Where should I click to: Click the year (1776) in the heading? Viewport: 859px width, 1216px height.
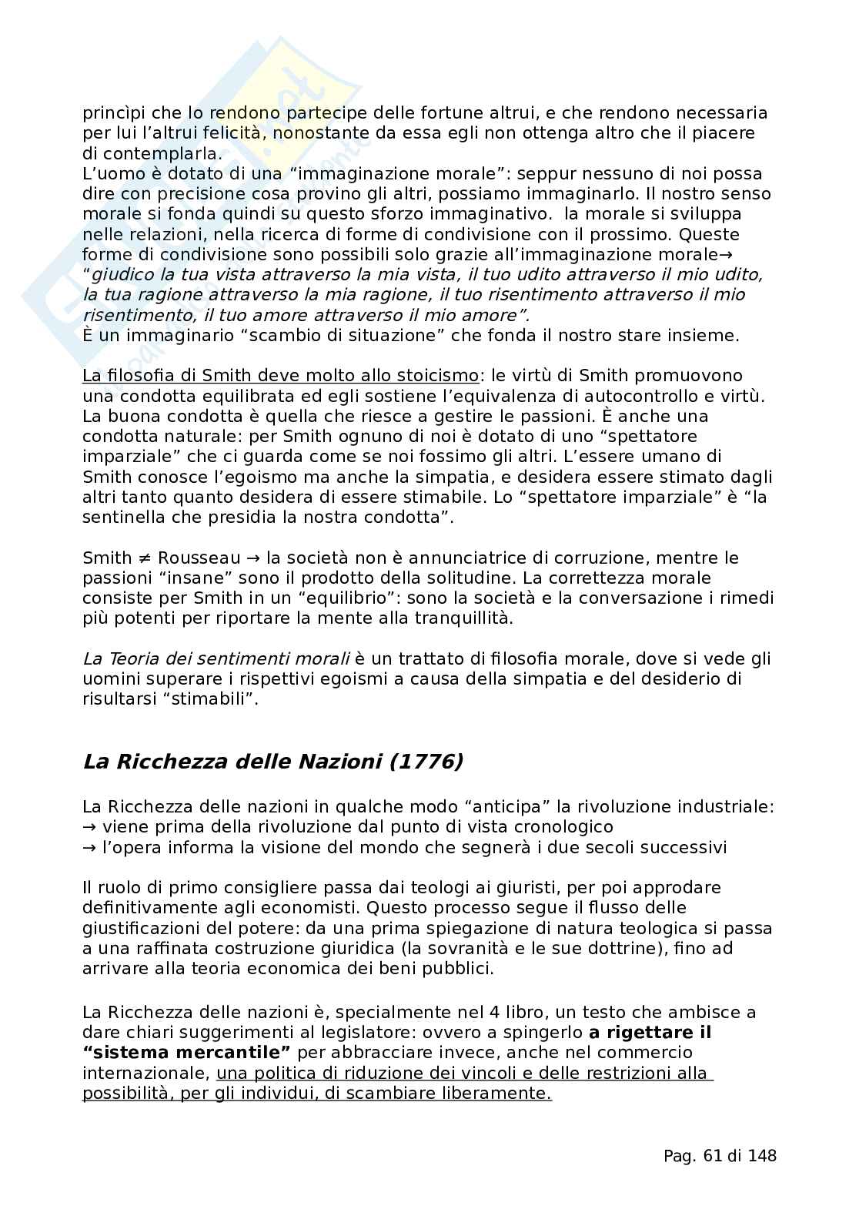[x=427, y=762]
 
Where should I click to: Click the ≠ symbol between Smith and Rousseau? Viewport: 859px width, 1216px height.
[x=144, y=558]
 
